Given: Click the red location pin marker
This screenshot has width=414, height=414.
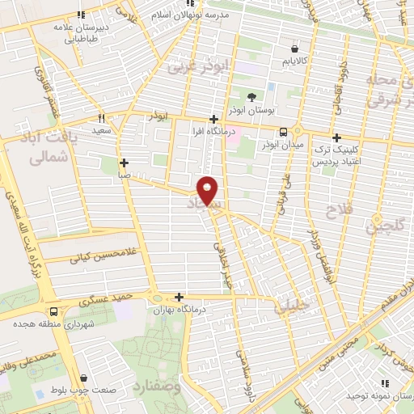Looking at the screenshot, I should pos(208,190).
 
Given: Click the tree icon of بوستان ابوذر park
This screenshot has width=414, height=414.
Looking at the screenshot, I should pos(252,96).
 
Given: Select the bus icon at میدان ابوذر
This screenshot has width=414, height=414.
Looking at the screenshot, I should pos(283,132).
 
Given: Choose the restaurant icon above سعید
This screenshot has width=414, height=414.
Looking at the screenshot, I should pos(101,118).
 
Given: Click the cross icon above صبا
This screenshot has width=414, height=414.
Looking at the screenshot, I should pos(123,163).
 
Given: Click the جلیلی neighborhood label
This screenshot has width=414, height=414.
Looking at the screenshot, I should pos(291,306).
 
